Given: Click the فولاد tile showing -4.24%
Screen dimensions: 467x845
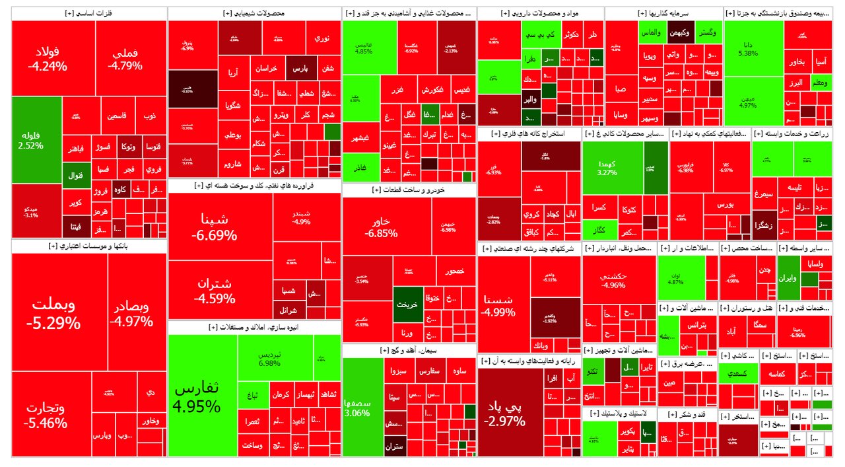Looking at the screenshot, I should click(48, 58).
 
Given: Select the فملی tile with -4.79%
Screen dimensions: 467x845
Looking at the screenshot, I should click(125, 58).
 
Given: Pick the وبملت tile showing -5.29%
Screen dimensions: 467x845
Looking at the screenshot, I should click(53, 314).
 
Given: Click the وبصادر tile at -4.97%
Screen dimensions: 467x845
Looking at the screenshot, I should click(130, 314).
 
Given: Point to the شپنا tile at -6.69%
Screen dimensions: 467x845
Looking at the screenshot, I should click(215, 227).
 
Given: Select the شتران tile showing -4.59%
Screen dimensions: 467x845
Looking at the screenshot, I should click(215, 291).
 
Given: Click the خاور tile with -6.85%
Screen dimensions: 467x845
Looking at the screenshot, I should click(381, 227).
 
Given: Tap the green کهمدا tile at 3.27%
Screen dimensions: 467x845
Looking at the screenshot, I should click(607, 167).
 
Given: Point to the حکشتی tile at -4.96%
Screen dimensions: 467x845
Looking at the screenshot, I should click(613, 280).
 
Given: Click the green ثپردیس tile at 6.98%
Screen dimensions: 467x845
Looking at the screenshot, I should click(269, 359).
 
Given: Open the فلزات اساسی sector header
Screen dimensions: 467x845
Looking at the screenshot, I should click(90, 13).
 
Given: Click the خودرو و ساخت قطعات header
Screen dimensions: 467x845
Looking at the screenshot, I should click(409, 190).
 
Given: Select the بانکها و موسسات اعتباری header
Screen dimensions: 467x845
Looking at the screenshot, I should click(90, 246).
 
